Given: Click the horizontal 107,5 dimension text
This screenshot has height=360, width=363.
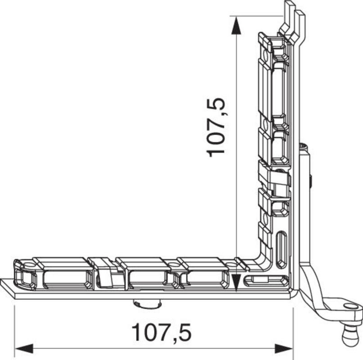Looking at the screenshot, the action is tap(161, 333).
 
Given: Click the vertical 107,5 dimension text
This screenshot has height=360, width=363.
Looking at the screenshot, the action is tap(215, 128).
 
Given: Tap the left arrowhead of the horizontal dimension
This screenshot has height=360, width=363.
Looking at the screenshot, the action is tap(24, 349).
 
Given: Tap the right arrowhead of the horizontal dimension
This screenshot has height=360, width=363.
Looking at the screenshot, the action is tap(284, 349).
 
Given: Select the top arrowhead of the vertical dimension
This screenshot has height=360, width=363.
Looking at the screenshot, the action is tap(236, 26).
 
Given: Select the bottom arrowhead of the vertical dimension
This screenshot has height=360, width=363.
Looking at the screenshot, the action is tap(236, 283).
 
